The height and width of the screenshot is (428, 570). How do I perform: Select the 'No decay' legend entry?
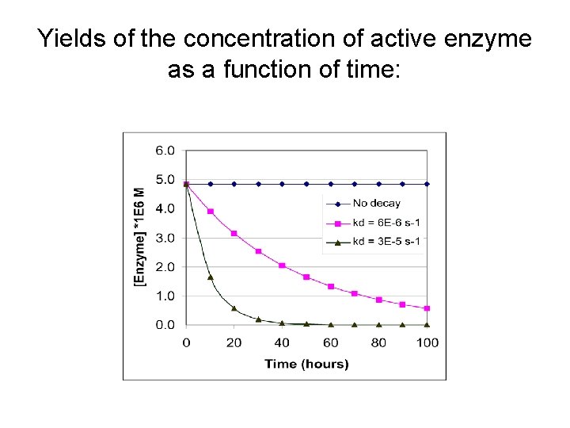click(x=376, y=204)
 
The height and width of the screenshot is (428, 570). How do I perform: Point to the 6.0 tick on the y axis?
click(x=165, y=150)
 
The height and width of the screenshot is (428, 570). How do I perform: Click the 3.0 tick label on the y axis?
click(x=165, y=238)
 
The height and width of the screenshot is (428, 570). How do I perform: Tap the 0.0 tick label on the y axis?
click(x=165, y=325)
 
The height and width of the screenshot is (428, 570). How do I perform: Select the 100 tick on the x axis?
click(x=427, y=342)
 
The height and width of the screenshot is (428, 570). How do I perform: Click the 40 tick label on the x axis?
click(x=282, y=342)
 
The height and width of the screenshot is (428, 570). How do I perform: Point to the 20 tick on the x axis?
click(x=234, y=342)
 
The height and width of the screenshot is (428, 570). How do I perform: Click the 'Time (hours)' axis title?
click(x=306, y=364)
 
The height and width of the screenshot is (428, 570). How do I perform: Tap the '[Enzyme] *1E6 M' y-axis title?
click(x=140, y=237)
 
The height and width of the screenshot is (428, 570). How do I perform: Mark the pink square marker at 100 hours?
click(x=427, y=308)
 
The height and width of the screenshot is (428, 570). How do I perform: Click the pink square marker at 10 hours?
click(x=210, y=212)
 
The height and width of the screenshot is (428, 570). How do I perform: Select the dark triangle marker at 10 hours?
click(x=210, y=277)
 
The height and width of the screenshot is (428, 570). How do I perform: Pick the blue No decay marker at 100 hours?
click(x=427, y=184)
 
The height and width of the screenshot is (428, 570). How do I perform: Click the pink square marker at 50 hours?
click(x=306, y=277)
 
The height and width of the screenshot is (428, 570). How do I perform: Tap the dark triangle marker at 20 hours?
click(x=234, y=308)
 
